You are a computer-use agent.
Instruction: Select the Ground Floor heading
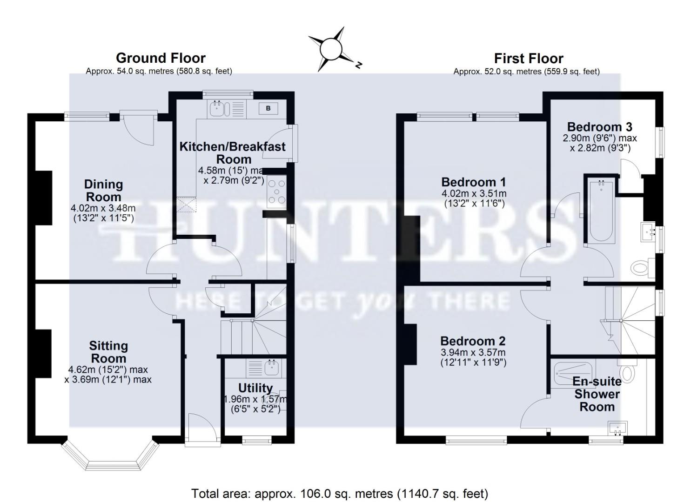[x=161, y=58]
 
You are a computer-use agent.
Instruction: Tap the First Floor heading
[x=528, y=59]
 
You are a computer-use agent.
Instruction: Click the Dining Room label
[x=103, y=190]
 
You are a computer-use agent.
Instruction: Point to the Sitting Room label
[x=108, y=352]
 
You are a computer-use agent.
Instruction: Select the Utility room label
[x=255, y=388]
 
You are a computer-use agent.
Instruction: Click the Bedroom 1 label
[x=473, y=182]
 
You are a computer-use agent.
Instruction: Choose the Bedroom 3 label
[x=599, y=127]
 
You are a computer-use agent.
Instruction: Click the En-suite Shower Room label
[x=597, y=394]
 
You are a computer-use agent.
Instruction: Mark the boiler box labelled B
[x=268, y=109]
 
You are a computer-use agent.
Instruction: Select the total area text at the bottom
[x=340, y=493]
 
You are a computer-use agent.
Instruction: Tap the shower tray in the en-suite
[x=574, y=372]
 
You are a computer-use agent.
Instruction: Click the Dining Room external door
[x=138, y=125]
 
